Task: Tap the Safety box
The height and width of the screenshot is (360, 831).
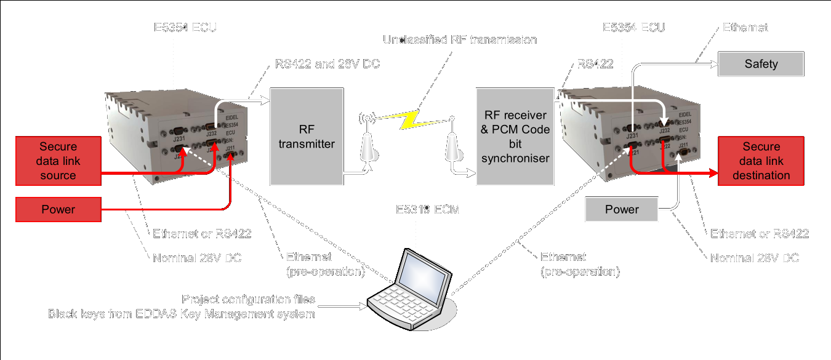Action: [x=761, y=64]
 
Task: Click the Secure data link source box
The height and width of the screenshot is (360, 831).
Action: [x=58, y=161]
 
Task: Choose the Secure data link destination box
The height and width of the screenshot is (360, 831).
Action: [x=761, y=161]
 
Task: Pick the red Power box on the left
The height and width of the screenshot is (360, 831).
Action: [x=58, y=209]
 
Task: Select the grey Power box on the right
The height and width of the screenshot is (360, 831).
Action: [x=622, y=209]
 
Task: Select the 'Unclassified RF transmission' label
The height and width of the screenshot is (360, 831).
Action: [x=460, y=40]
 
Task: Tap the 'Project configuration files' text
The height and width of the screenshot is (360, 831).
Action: [x=249, y=300]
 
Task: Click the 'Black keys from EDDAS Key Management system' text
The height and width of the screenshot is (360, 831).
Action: [x=182, y=314]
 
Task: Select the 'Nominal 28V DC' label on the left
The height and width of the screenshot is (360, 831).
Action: [x=197, y=258]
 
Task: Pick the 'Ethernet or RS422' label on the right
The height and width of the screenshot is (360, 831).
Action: [x=760, y=234]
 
